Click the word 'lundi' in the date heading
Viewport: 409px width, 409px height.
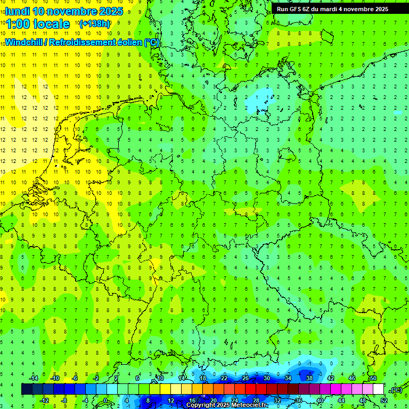coord(18,11)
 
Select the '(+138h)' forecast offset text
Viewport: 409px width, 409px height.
coord(95,24)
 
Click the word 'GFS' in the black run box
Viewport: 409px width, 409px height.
coord(297,9)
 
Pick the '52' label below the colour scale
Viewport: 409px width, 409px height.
coord(384,400)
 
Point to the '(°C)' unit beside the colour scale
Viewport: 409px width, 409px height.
coord(396,390)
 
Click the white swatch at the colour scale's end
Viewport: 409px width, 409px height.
coord(379,389)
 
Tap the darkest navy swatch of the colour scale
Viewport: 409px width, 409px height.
coord(27,389)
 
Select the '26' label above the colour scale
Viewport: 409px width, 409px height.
coord(246,378)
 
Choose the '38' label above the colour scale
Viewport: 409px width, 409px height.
coord(309,378)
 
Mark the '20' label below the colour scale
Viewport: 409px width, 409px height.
coord(214,400)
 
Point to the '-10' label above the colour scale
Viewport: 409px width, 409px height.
coord(54,378)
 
